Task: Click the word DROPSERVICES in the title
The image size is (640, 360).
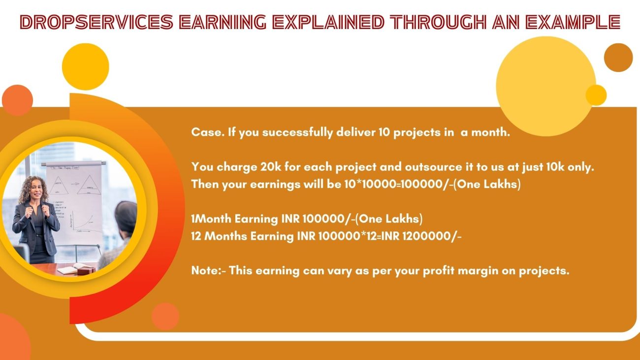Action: click(97, 22)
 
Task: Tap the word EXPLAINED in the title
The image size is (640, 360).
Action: click(328, 22)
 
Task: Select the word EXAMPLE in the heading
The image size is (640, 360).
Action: click(573, 22)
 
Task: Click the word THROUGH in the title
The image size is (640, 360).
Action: click(438, 22)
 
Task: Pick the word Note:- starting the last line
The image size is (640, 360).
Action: click(208, 270)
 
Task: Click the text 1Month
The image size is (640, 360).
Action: click(211, 219)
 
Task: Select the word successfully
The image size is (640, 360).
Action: click(297, 132)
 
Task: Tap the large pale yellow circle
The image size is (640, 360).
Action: click(546, 86)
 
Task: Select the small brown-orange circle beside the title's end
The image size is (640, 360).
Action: click(618, 58)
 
